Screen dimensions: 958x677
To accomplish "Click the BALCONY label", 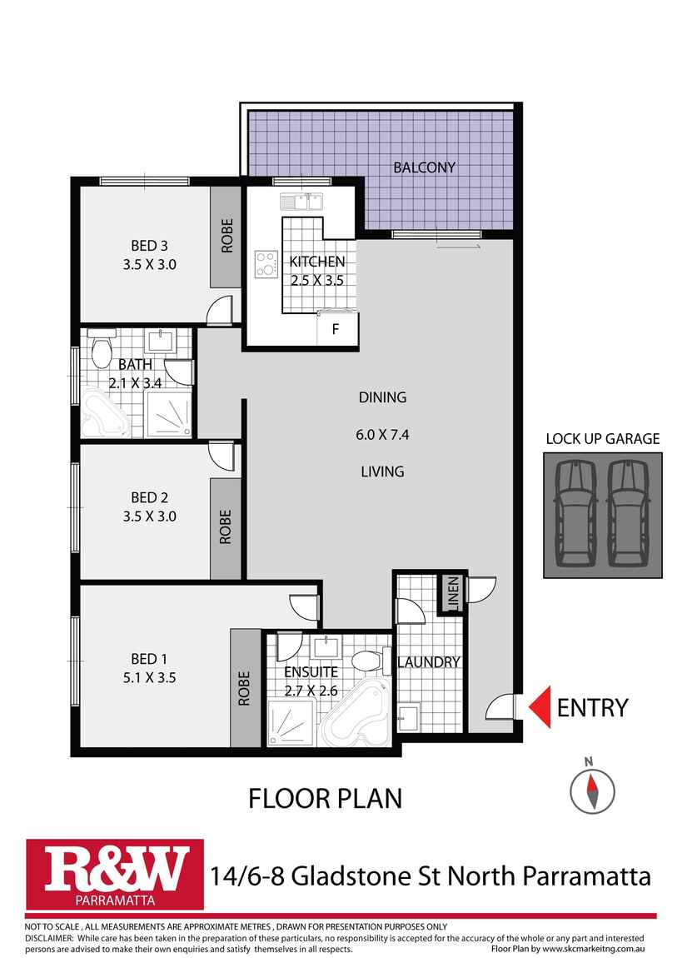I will [424, 167].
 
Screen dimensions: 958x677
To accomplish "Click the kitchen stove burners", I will [266, 264].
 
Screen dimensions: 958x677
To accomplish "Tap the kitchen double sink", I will [301, 201].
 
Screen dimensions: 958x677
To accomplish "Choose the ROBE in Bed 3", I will [226, 236].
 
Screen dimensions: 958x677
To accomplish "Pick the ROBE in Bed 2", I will [225, 528].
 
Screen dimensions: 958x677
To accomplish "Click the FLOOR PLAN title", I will [326, 799].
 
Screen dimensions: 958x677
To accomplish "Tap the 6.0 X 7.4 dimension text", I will [382, 434].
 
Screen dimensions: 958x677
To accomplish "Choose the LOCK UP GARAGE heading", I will [602, 439].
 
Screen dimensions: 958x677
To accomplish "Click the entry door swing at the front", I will [500, 708].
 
